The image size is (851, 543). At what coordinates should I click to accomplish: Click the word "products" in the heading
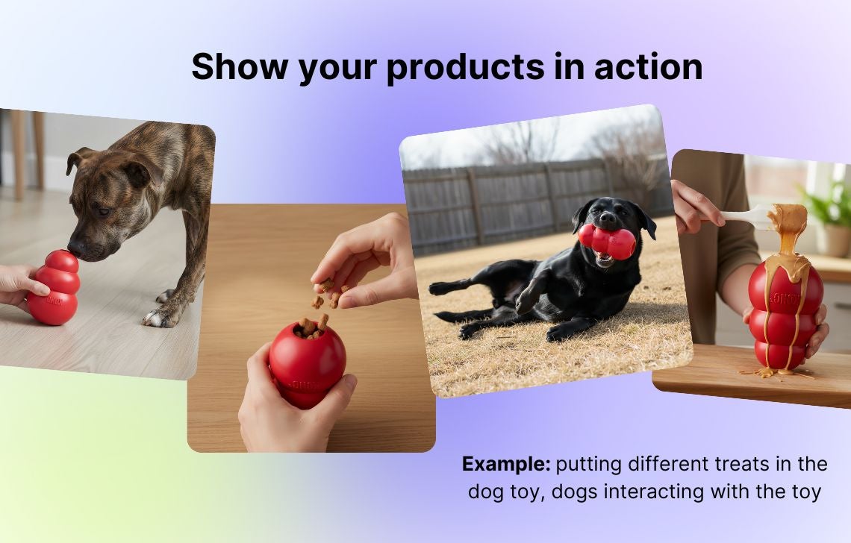click(x=464, y=67)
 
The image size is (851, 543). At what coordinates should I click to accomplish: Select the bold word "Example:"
click(x=506, y=465)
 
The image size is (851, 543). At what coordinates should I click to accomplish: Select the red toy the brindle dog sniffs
click(x=54, y=287)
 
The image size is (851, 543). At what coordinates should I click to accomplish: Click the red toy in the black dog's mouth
click(x=607, y=241)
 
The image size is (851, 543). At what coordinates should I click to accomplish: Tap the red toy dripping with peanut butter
click(x=785, y=315)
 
